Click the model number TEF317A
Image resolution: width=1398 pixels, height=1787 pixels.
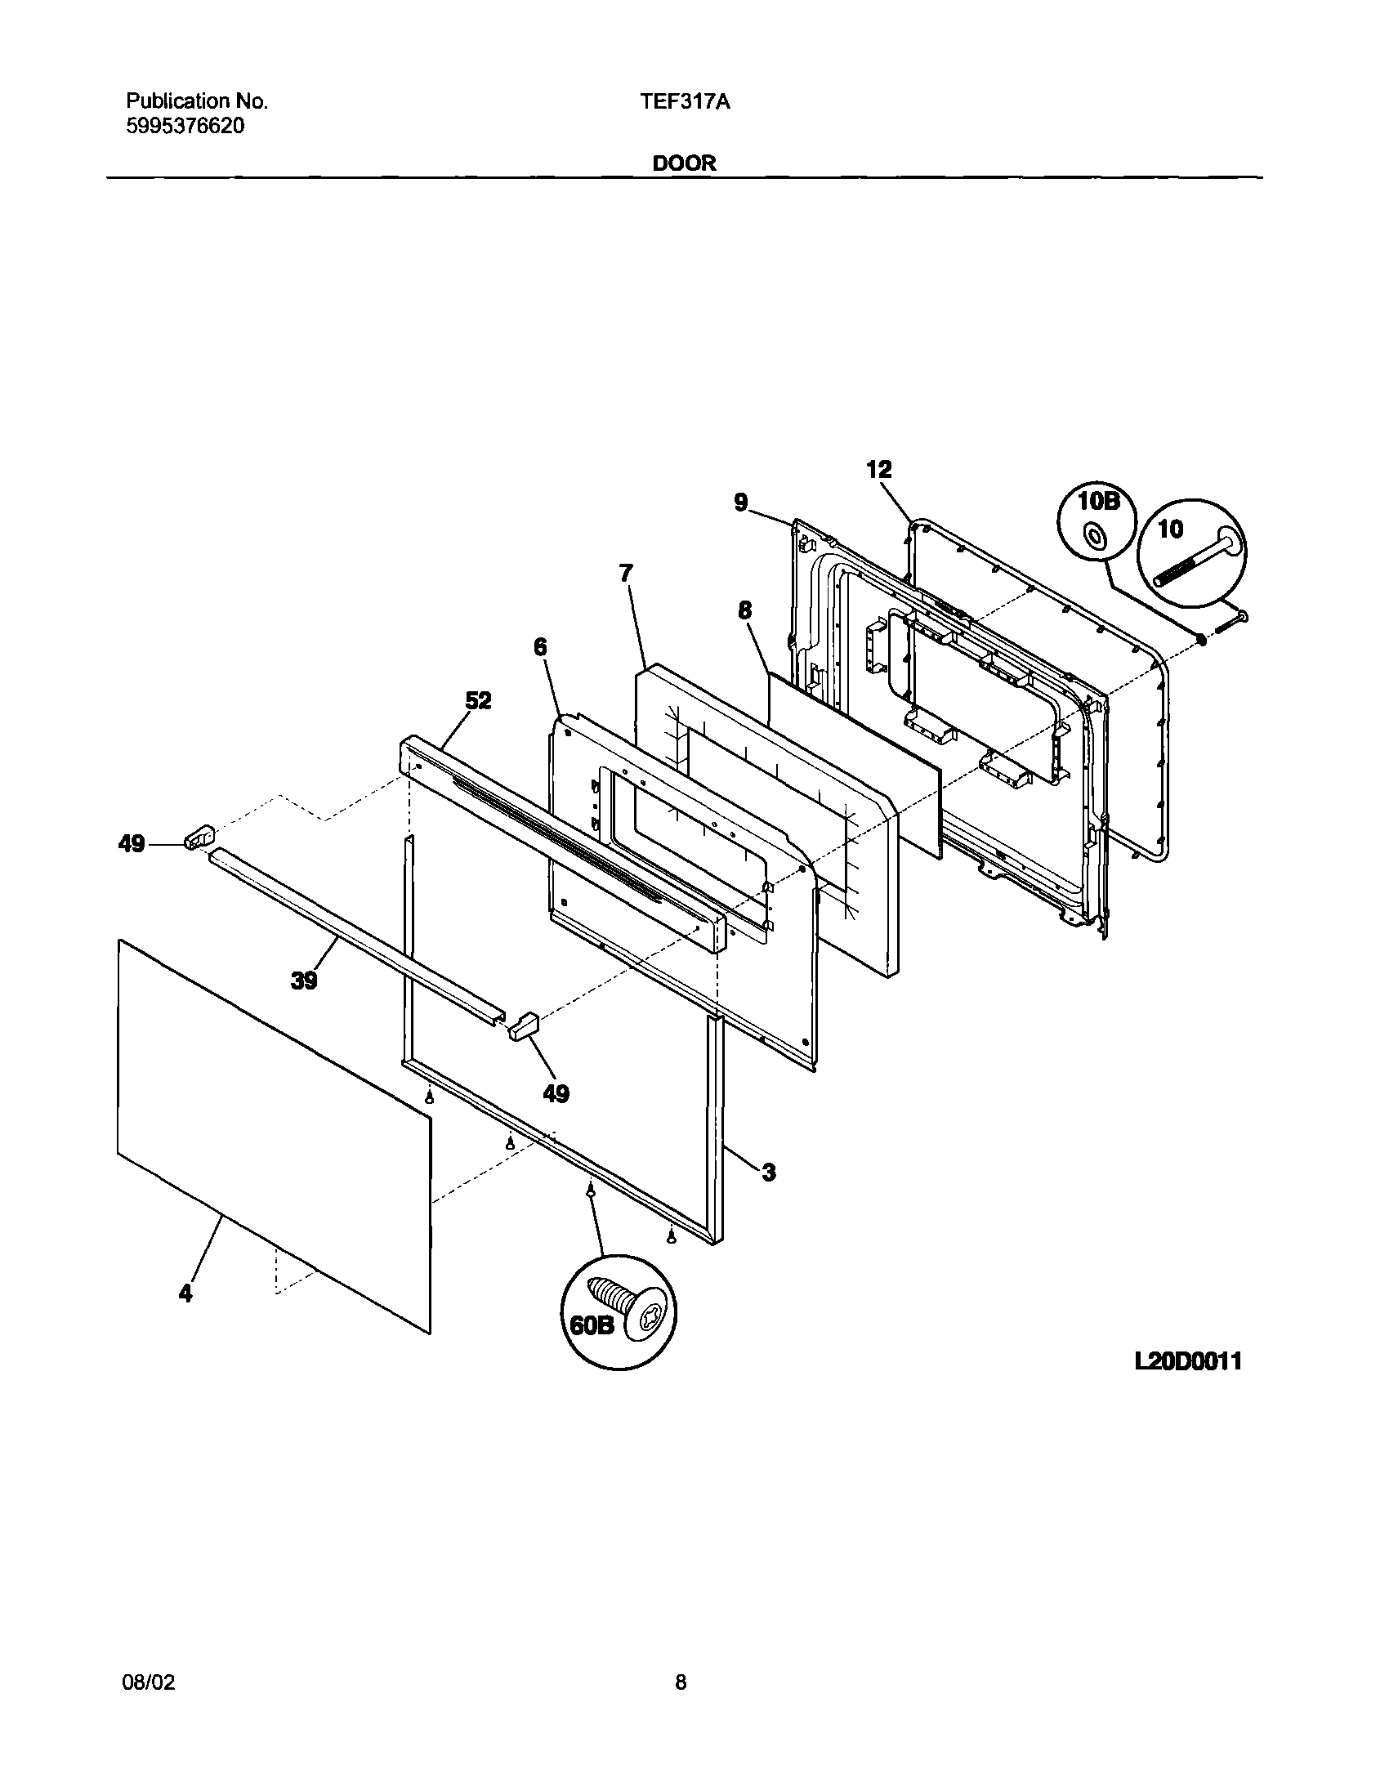(x=686, y=102)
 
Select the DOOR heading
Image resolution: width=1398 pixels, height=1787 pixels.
(x=684, y=163)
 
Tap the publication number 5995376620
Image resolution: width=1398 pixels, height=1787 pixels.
(x=185, y=126)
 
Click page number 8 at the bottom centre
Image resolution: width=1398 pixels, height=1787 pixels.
(x=680, y=1682)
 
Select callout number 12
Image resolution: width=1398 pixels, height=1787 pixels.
(x=879, y=470)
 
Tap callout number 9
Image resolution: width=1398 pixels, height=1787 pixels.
(x=741, y=502)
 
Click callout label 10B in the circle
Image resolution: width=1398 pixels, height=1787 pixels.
(x=1098, y=502)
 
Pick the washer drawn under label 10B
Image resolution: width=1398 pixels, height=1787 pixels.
(x=1092, y=536)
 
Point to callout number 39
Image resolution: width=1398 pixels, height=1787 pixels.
(x=304, y=980)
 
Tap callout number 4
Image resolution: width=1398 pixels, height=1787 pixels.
(x=185, y=1293)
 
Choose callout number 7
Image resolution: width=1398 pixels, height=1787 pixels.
(x=626, y=574)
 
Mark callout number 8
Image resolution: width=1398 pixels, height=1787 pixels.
(x=744, y=610)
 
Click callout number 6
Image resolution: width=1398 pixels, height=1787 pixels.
(x=540, y=647)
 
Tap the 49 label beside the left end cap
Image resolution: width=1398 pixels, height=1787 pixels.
(x=132, y=844)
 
